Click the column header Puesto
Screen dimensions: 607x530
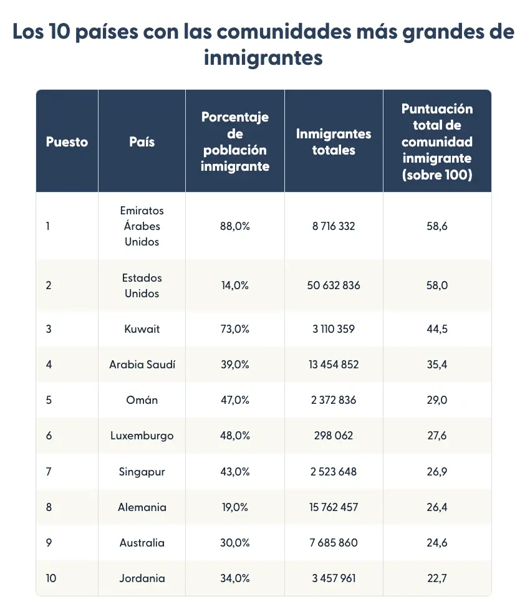[67, 141]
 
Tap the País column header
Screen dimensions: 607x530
[142, 141]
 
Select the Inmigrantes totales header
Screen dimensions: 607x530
[334, 141]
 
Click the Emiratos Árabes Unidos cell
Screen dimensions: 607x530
[142, 226]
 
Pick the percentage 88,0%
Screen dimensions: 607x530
[234, 226]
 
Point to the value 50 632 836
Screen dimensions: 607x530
[334, 285]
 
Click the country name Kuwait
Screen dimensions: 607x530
[142, 329]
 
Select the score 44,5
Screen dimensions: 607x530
[436, 329]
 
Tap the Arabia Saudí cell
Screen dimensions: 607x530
[142, 365]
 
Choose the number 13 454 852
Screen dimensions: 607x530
[334, 365]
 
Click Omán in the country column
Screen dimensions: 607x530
[142, 400]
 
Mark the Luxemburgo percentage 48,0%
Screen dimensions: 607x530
[234, 436]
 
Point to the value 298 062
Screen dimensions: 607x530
[334, 436]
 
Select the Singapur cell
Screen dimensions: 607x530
[142, 471]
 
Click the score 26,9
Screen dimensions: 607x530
[436, 471]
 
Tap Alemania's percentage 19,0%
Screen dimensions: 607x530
[234, 507]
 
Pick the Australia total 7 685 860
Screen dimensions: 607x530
[334, 543]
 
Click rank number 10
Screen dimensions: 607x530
[51, 578]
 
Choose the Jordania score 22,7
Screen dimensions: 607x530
[436, 578]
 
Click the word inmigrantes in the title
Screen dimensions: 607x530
[264, 58]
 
